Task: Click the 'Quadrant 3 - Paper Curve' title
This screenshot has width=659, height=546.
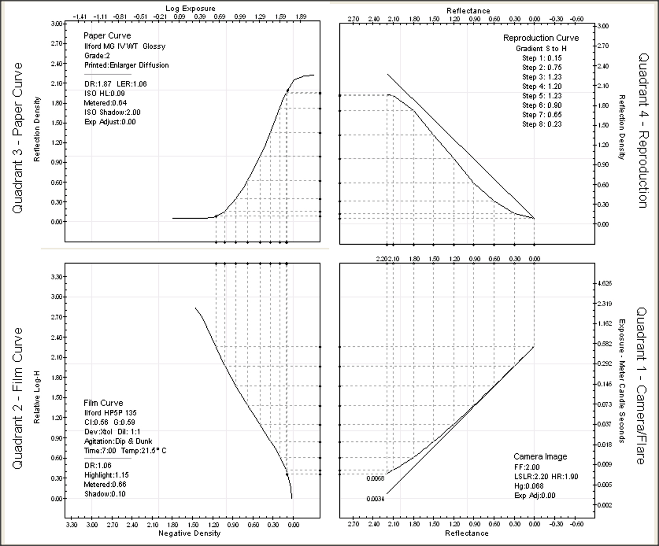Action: click(18, 138)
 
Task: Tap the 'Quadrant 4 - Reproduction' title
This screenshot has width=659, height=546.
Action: click(643, 131)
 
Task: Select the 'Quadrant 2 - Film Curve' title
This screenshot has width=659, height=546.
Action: click(18, 398)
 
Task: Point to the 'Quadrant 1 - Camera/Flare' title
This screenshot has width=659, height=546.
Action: click(642, 386)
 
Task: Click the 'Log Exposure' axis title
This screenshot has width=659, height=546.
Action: click(190, 8)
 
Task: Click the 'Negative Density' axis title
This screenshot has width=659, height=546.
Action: click(189, 533)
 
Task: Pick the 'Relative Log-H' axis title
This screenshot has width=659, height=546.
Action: click(37, 397)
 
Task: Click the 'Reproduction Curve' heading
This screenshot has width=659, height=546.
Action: click(541, 38)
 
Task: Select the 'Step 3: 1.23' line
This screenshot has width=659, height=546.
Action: click(542, 77)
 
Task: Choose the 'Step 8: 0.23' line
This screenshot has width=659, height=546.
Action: click(542, 124)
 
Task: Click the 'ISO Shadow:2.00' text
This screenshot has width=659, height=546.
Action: click(112, 112)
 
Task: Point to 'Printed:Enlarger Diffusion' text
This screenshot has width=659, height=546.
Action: click(126, 65)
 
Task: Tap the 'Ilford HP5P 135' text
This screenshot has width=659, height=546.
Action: click(110, 413)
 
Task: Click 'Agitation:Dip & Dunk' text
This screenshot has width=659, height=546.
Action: click(118, 441)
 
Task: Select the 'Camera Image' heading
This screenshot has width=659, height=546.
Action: click(540, 457)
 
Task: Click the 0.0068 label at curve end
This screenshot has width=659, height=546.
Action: click(375, 478)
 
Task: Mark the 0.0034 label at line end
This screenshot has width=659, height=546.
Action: click(375, 499)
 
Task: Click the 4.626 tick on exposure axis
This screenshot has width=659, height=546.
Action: click(605, 283)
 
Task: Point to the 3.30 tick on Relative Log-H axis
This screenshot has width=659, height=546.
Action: click(56, 277)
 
